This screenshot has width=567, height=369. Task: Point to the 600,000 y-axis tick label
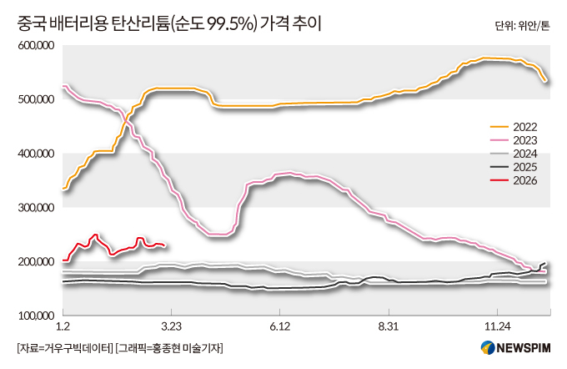pos(36,46)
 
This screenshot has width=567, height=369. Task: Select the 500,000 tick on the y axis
pos(36,100)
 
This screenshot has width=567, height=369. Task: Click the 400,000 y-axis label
pos(36,154)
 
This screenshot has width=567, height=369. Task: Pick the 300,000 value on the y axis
pos(36,209)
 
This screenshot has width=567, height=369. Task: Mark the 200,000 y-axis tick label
pos(36,262)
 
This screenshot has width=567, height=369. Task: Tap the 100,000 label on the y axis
pos(36,316)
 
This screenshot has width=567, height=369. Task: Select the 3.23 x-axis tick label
pos(171,326)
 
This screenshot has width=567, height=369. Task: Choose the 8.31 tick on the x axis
pos(389,326)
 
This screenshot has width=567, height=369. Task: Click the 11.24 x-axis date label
pos(497,326)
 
